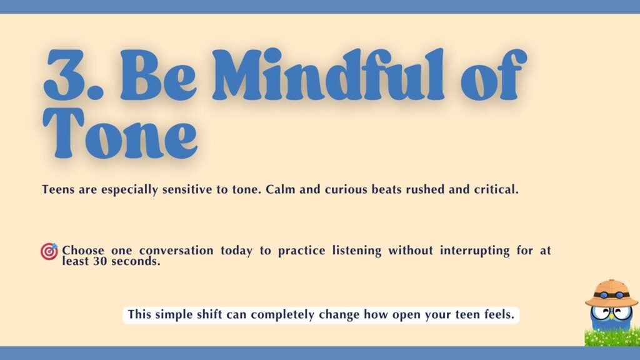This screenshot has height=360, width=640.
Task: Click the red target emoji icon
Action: (x=49, y=251)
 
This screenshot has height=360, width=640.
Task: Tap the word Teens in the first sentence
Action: (x=58, y=189)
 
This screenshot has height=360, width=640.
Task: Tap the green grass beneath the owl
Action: (x=611, y=338)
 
